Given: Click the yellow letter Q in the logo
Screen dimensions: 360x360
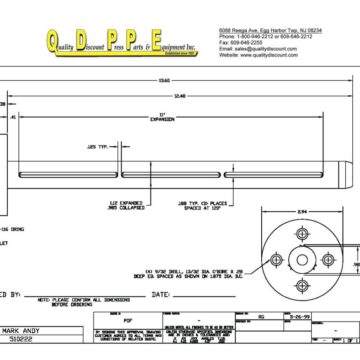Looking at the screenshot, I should (57, 40).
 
